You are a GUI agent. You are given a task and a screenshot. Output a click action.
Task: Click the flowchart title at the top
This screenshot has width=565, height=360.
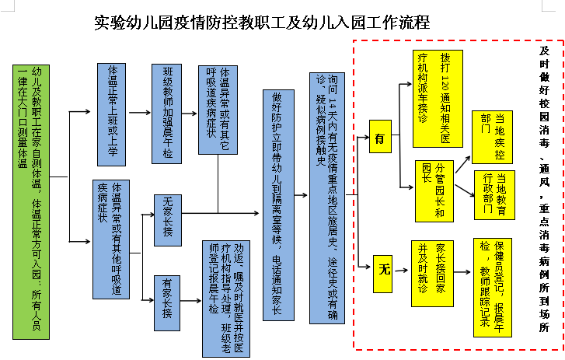click(x=262, y=23)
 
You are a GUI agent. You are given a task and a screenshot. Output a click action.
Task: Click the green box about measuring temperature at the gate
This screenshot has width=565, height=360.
click(x=31, y=202)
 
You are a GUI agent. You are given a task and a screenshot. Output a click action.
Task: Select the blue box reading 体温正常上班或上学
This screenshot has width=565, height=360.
click(x=112, y=114)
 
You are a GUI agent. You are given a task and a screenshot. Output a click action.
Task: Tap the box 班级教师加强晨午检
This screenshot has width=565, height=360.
click(x=166, y=114)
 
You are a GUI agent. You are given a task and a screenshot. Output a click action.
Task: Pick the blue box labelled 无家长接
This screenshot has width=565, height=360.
click(x=168, y=220)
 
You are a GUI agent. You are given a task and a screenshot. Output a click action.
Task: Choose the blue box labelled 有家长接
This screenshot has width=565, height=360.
click(x=167, y=303)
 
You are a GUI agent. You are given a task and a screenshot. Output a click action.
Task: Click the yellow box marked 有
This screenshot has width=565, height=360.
click(x=380, y=137)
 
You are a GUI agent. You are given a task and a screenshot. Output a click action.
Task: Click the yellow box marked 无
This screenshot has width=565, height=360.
click(x=382, y=274)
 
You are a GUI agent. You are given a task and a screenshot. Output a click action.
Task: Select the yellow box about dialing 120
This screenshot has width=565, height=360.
click(x=438, y=99)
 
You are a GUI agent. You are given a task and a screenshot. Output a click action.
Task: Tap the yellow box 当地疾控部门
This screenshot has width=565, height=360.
click(x=492, y=137)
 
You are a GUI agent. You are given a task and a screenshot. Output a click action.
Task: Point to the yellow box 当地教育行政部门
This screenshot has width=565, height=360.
click(x=494, y=195)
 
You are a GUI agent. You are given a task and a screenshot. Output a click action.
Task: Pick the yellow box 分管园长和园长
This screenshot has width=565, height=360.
click(x=434, y=191)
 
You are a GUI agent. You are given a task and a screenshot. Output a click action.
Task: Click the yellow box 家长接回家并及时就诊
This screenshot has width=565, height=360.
click(x=432, y=274)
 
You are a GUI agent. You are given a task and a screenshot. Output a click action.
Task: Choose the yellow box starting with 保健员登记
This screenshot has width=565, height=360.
click(x=493, y=288)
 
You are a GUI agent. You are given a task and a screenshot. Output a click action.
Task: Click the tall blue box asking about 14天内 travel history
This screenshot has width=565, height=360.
click(x=327, y=198)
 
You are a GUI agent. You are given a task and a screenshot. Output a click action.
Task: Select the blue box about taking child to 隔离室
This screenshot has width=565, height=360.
click(x=278, y=205)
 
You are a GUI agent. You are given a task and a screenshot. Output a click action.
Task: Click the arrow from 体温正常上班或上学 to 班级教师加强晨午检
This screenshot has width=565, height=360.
click(x=140, y=113)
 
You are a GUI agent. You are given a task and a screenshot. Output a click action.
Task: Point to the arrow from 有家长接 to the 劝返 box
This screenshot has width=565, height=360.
click(x=190, y=301)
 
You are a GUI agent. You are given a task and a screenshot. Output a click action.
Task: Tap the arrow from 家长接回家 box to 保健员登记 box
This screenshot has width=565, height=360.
click(x=462, y=272)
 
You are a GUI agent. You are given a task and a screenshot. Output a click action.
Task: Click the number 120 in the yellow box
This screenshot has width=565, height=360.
click(x=445, y=85)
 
